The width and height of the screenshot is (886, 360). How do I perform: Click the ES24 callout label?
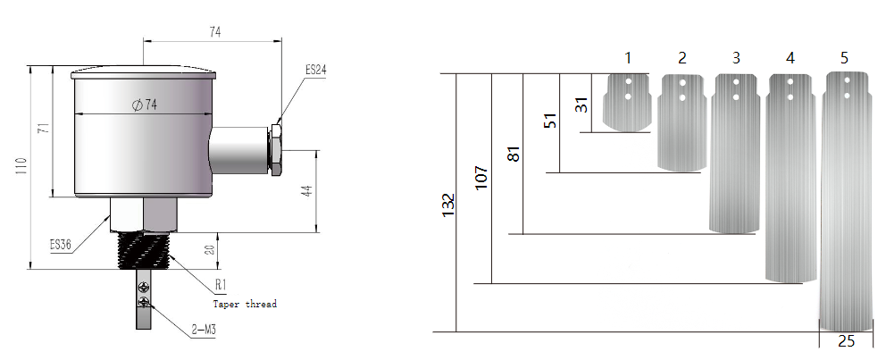coord(316,70)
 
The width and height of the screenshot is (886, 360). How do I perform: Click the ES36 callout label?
coord(61,245)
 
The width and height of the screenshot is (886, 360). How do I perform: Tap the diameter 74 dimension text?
coord(144,105)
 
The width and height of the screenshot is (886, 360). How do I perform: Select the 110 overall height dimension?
coord(21,168)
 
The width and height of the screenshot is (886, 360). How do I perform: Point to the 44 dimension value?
coord(307,190)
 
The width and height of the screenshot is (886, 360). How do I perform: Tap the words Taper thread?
coord(245,304)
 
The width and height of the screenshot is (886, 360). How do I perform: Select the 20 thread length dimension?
coord(210,250)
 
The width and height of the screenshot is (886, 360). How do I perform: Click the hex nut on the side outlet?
coord(276,149)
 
